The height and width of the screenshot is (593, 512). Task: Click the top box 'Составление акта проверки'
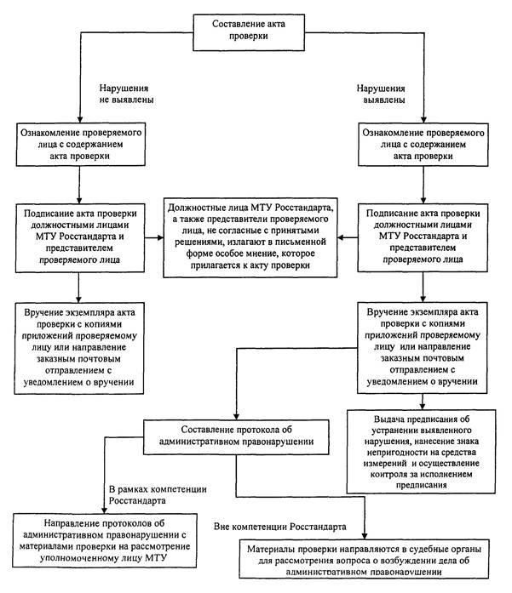tap(249, 32)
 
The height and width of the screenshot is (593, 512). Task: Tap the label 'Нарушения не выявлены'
tap(126, 94)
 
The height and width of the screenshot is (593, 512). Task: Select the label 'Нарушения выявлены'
tap(381, 94)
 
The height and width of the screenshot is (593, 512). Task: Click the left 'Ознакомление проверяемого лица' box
tap(81, 144)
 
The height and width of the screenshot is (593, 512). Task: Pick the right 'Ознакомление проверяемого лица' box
tap(423, 145)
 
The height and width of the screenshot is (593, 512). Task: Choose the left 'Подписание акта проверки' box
tap(80, 238)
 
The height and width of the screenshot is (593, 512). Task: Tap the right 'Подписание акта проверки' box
tap(423, 237)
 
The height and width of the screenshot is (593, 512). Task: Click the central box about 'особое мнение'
tap(250, 237)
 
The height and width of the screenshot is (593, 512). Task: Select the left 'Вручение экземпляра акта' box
tap(79, 348)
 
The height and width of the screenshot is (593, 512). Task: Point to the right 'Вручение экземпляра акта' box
tap(423, 348)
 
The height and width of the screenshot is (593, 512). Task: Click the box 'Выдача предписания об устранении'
tap(421, 452)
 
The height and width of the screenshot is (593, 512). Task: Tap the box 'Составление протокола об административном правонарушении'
tap(236, 436)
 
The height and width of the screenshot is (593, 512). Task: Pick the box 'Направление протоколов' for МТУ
tap(105, 540)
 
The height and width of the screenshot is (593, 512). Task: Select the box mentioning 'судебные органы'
tap(364, 559)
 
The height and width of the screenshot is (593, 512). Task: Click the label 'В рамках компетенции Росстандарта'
tap(158, 494)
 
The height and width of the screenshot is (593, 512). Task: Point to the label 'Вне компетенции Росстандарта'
tap(280, 527)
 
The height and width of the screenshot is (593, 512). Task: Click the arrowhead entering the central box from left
tap(160, 237)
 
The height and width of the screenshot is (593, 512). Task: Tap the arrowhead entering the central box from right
tap(341, 237)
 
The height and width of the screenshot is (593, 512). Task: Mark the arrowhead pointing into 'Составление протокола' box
tap(236, 416)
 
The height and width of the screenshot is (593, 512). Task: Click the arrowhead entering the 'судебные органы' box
tap(365, 536)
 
